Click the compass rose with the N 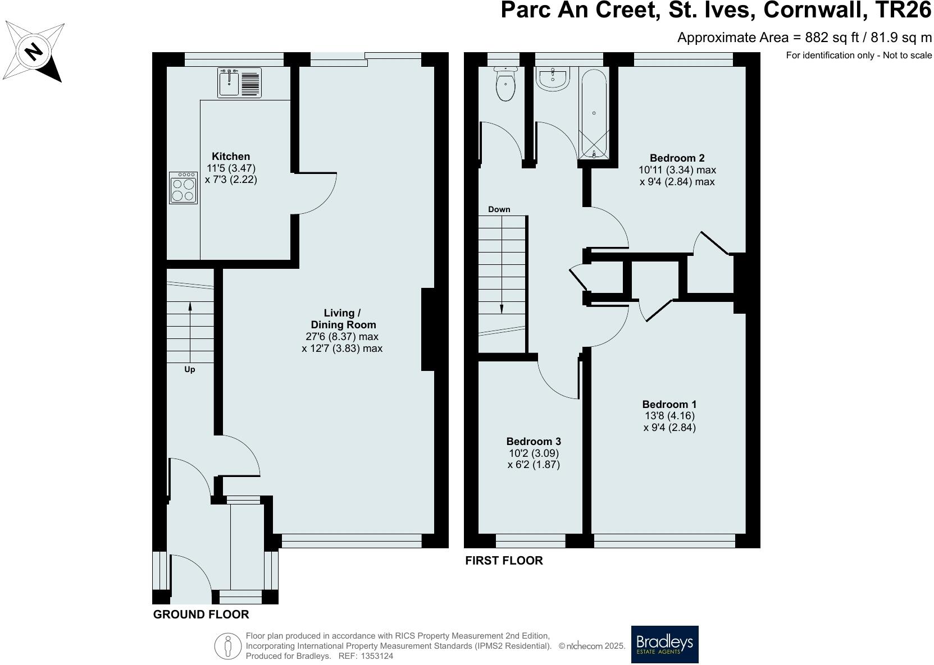pyautogui.click(x=34, y=52)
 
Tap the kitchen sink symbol pyautogui.click(x=239, y=83)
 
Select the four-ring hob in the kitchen pyautogui.click(x=183, y=188)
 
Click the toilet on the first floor pyautogui.click(x=505, y=83)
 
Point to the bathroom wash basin pyautogui.click(x=553, y=79)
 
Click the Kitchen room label pyautogui.click(x=231, y=156)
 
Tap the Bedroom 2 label pyautogui.click(x=677, y=158)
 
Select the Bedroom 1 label pyautogui.click(x=669, y=404)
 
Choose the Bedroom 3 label pyautogui.click(x=534, y=441)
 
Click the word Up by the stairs pyautogui.click(x=190, y=370)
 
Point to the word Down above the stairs pyautogui.click(x=499, y=209)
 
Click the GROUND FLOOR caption pyautogui.click(x=201, y=614)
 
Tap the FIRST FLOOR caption pyautogui.click(x=504, y=561)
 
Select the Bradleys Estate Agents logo pyautogui.click(x=664, y=644)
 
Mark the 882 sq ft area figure pyautogui.click(x=832, y=38)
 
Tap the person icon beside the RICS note pyautogui.click(x=228, y=646)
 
